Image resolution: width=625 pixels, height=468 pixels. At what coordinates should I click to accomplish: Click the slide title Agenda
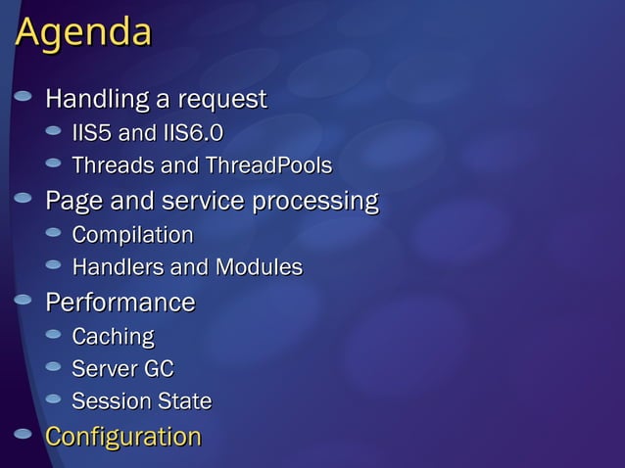[x=84, y=33]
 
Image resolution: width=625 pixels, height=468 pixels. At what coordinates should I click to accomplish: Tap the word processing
[x=315, y=202]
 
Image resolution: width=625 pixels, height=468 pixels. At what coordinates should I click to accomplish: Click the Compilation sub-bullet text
[x=132, y=235]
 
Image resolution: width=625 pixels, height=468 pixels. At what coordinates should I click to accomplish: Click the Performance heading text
[x=120, y=302]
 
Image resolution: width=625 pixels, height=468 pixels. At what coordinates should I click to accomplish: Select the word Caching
[x=113, y=337]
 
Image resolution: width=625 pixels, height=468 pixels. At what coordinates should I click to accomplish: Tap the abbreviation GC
[x=159, y=369]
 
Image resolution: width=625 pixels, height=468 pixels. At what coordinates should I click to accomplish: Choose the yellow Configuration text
[x=123, y=437]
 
